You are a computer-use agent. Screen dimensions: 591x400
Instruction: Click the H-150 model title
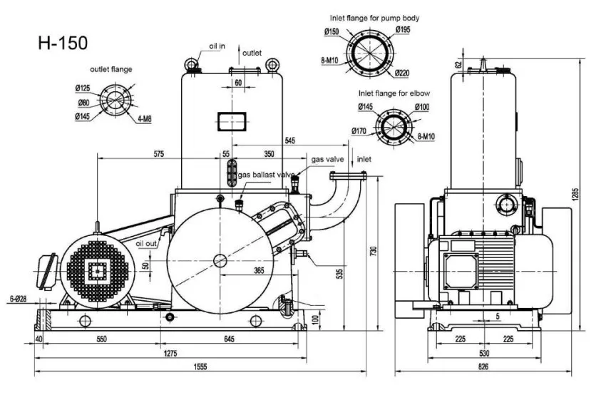coord(63,43)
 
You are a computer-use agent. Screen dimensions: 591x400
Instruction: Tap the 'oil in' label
coord(217,46)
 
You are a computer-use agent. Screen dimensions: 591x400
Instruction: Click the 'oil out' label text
coord(146,244)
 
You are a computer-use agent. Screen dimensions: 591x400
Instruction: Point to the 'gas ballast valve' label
coord(266,175)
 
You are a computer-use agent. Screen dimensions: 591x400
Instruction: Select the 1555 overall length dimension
coord(200,366)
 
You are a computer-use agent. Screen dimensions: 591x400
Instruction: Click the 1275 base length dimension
coord(170,353)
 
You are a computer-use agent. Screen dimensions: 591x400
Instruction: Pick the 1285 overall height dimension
coord(575,195)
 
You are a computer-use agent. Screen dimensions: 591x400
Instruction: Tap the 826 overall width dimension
coord(483,366)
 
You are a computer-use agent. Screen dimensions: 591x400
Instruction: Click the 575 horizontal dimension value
coord(159,154)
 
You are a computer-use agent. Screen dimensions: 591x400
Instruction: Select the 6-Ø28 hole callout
coord(18,299)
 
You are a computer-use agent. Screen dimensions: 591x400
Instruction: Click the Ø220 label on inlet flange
coord(402,73)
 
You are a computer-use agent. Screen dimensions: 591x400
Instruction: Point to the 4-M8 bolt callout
coord(144,119)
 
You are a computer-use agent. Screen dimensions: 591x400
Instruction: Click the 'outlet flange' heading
coord(111,69)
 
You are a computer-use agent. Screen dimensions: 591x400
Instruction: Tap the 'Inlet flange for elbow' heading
coord(394,93)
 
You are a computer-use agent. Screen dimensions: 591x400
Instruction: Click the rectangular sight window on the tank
coord(232,121)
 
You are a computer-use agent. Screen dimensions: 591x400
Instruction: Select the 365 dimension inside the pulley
coord(259,270)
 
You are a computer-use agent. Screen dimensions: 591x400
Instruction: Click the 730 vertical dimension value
coord(374,252)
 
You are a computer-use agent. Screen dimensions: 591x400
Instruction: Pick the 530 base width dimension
coord(484,353)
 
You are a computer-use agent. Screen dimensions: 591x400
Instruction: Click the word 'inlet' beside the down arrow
coord(364,159)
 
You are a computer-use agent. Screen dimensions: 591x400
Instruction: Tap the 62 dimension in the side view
coord(458,64)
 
